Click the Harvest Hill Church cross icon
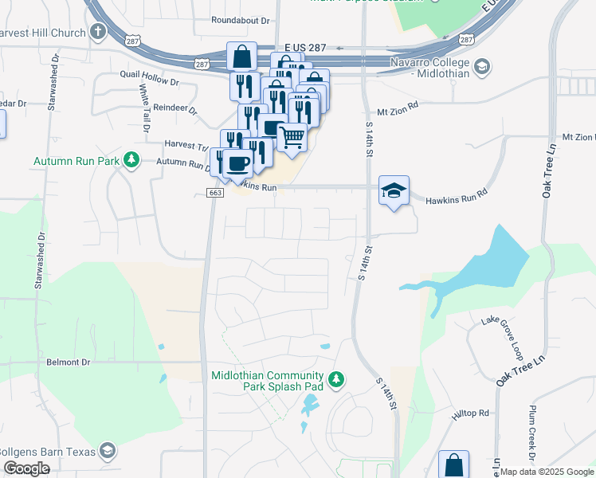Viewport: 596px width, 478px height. pyautogui.click(x=98, y=33)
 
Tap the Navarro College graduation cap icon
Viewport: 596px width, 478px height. pyautogui.click(x=481, y=68)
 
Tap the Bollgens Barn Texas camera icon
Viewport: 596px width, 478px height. pyautogui.click(x=106, y=452)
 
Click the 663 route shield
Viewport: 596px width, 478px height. pyautogui.click(x=214, y=193)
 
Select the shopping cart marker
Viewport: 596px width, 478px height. pyautogui.click(x=292, y=137)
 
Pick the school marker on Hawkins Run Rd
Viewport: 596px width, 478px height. pyautogui.click(x=394, y=190)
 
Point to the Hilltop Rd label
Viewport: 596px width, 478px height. pyautogui.click(x=471, y=413)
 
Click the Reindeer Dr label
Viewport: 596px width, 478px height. pyautogui.click(x=175, y=108)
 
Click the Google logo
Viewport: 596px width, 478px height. pyautogui.click(x=27, y=468)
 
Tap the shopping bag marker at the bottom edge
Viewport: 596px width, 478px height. pyautogui.click(x=453, y=464)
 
